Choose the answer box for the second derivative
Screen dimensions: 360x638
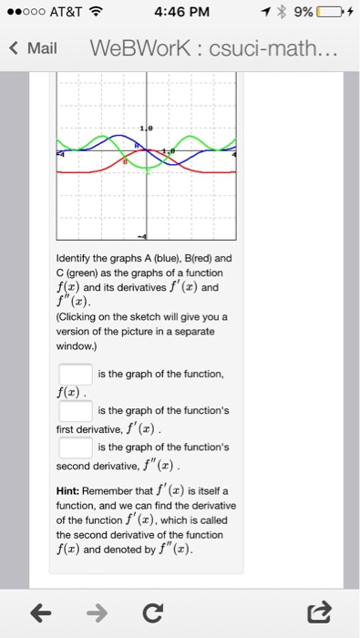pyautogui.click(x=75, y=448)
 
